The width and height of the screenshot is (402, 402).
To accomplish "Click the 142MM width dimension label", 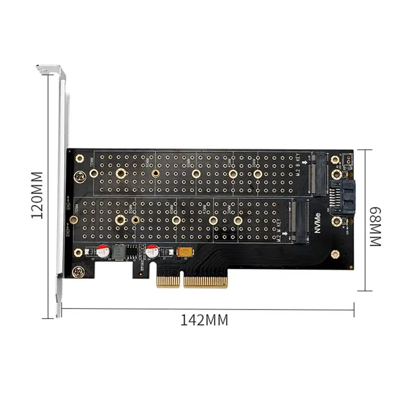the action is point(205,320).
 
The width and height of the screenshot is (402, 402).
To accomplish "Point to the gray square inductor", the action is point(120,251).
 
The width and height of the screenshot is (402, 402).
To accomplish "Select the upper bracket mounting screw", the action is point(78,177).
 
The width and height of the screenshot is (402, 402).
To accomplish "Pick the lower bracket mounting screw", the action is point(78,272).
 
